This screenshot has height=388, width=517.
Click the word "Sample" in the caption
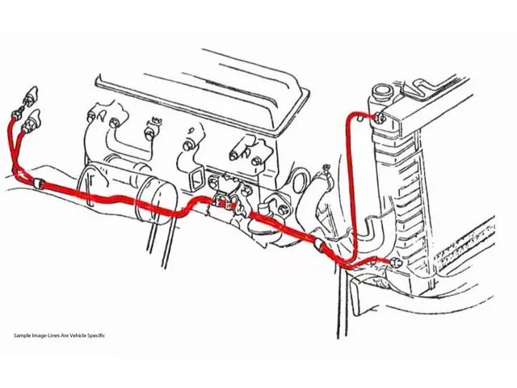(23, 335)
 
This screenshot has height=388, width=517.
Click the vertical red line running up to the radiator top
(350, 178)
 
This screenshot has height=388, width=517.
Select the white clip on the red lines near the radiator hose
(320, 242)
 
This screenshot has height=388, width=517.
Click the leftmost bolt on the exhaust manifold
(115, 123)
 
